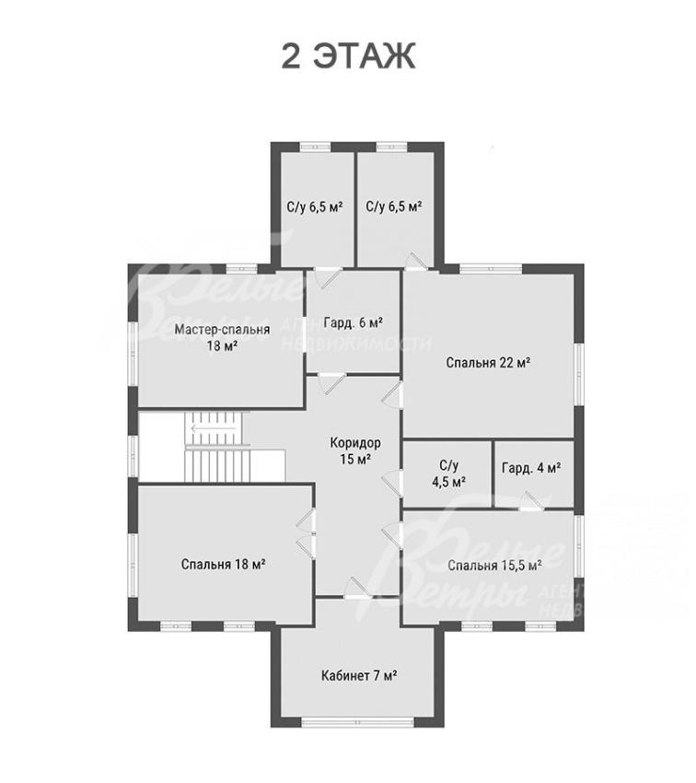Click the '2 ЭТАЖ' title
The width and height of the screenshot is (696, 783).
click(x=348, y=56)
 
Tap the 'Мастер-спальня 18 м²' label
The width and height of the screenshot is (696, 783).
click(x=222, y=337)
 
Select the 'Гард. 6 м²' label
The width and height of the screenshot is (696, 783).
click(x=354, y=322)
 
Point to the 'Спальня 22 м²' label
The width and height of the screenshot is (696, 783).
click(x=488, y=362)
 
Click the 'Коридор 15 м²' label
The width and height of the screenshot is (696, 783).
click(x=355, y=450)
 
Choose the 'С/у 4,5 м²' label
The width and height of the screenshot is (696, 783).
click(x=449, y=473)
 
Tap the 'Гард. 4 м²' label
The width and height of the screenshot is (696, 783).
click(x=531, y=468)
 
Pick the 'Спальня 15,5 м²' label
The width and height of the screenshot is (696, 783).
click(x=495, y=566)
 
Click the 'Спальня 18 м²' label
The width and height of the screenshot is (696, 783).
click(x=223, y=565)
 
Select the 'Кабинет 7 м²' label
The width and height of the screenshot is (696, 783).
click(x=359, y=675)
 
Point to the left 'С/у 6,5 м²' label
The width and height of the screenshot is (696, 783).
click(x=315, y=206)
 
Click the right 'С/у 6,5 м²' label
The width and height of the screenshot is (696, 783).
click(x=394, y=206)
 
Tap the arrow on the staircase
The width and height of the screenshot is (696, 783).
click(x=214, y=428)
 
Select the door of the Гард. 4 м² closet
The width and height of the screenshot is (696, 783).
click(x=530, y=502)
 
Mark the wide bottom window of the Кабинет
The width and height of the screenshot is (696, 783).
click(x=357, y=722)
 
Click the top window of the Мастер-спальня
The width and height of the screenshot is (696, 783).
click(x=241, y=269)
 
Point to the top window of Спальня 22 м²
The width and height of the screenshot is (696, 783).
click(x=491, y=269)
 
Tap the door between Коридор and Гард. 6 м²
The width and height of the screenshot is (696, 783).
click(x=331, y=382)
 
